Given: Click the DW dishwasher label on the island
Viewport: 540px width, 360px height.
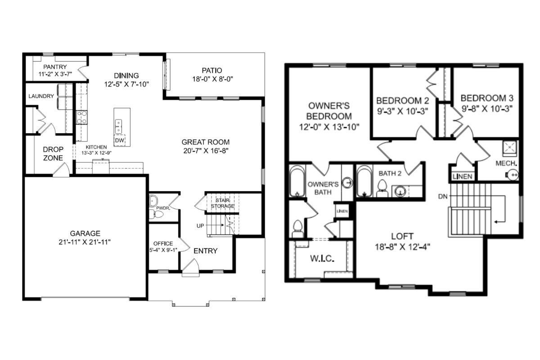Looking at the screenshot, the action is pyautogui.click(x=120, y=140).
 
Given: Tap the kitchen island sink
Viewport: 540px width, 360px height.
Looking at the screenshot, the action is pyautogui.click(x=118, y=126).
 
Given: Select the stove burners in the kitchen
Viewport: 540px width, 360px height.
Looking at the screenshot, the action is pyautogui.click(x=82, y=117).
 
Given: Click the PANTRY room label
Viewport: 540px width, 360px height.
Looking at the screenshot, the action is pyautogui.click(x=55, y=67).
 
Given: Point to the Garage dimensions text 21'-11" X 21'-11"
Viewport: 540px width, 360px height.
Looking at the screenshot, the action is pyautogui.click(x=85, y=242).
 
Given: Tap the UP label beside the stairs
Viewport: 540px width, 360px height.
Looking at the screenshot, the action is pyautogui.click(x=200, y=226).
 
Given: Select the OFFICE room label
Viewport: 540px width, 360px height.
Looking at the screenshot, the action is pyautogui.click(x=163, y=243).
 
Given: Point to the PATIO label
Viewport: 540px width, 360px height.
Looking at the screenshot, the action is pyautogui.click(x=212, y=70).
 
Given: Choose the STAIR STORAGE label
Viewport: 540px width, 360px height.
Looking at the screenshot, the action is pyautogui.click(x=222, y=203).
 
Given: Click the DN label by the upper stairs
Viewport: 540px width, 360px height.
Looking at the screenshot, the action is pyautogui.click(x=443, y=197).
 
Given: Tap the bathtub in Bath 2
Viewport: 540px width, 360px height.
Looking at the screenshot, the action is pyautogui.click(x=364, y=181).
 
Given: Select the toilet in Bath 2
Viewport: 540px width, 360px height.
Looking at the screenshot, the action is pyautogui.click(x=382, y=189).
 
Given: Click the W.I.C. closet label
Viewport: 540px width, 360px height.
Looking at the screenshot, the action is pyautogui.click(x=322, y=258).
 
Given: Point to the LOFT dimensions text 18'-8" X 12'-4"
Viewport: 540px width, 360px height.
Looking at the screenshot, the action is pyautogui.click(x=402, y=247).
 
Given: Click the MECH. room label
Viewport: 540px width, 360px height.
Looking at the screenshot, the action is pyautogui.click(x=506, y=163).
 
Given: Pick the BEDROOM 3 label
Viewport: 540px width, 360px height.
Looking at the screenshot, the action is pyautogui.click(x=487, y=98).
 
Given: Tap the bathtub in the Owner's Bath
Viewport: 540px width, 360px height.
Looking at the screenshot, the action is pyautogui.click(x=297, y=181).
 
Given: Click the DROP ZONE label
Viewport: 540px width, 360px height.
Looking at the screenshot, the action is pyautogui.click(x=53, y=153).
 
